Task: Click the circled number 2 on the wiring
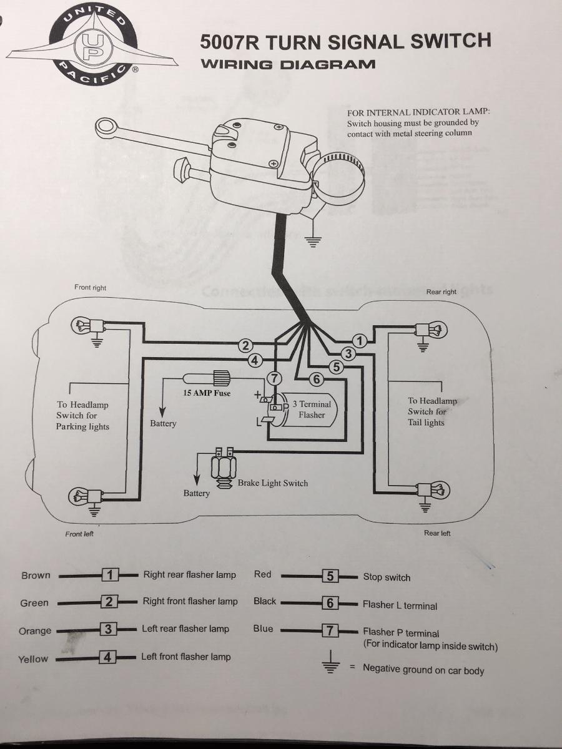pyautogui.click(x=246, y=346)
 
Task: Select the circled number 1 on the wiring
pyautogui.click(x=359, y=340)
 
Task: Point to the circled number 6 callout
pyautogui.click(x=316, y=378)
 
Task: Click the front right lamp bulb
pyautogui.click(x=84, y=324)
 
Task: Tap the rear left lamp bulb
pyautogui.click(x=438, y=491)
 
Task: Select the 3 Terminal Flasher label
pyautogui.click(x=312, y=409)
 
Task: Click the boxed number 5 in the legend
pyautogui.click(x=330, y=576)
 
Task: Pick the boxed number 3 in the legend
pyautogui.click(x=109, y=629)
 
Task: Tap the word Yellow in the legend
pyautogui.click(x=33, y=658)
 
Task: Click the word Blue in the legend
pyautogui.click(x=263, y=629)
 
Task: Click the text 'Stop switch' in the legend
pyautogui.click(x=387, y=577)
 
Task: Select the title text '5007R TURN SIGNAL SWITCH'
pyautogui.click(x=345, y=41)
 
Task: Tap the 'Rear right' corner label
pyautogui.click(x=441, y=291)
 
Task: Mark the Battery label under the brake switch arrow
pyautogui.click(x=196, y=493)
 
